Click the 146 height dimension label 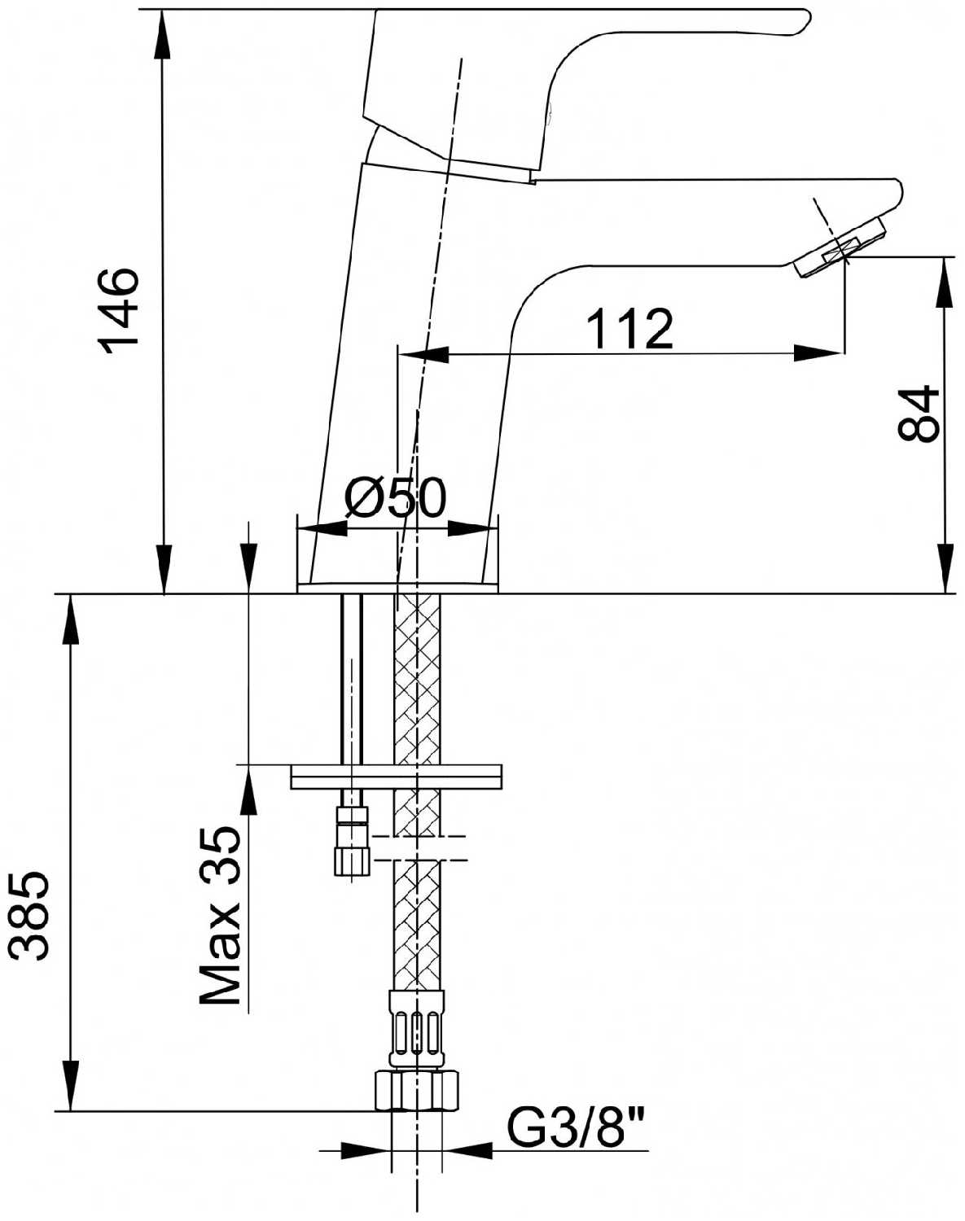click(119, 310)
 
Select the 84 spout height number click(919, 414)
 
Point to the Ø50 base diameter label click(396, 497)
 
